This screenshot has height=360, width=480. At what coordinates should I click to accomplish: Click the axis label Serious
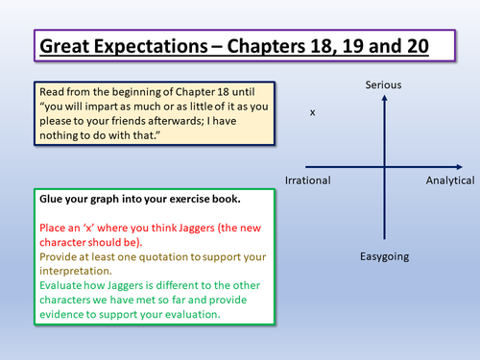pos(383,86)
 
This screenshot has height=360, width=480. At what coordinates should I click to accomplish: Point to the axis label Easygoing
pos(383,257)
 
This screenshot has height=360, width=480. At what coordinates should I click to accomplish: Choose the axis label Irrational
pos(308,180)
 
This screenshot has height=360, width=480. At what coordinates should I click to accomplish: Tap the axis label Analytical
pos(450,180)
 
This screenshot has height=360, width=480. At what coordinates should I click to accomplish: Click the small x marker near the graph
pos(312,112)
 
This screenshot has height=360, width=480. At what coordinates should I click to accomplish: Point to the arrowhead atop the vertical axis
pos(383,99)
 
